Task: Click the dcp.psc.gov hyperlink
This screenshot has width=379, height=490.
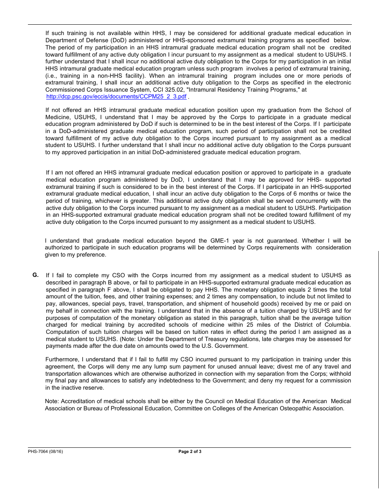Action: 116,97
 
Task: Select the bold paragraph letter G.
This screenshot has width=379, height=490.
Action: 36,275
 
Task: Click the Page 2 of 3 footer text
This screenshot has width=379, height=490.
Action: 190,451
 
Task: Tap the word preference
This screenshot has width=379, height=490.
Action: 91,255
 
